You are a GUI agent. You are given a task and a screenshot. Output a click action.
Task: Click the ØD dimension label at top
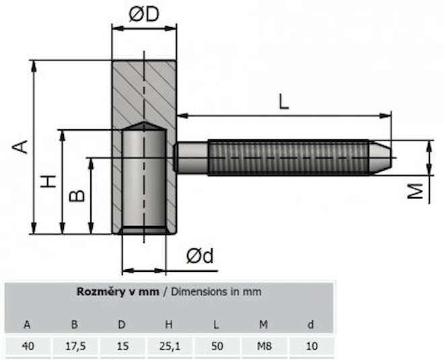143,14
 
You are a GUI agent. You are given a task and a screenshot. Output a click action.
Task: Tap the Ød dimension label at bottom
200,256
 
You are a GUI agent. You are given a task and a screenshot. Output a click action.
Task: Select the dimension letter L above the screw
284,102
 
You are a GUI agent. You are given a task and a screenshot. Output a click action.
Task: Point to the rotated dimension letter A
22,146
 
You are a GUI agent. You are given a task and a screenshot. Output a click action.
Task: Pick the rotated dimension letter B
77,195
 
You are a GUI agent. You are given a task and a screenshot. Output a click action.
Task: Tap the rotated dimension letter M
418,192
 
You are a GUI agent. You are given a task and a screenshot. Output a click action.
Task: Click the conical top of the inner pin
143,127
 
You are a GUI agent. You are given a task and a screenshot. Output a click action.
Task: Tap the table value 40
28,346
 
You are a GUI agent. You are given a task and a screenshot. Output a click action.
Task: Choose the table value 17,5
75,346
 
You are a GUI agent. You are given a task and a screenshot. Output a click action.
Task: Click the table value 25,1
169,346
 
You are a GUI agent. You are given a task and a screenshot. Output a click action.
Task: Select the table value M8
264,346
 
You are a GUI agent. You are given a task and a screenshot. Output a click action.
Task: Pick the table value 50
216,346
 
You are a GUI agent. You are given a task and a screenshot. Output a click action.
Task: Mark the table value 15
122,346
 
